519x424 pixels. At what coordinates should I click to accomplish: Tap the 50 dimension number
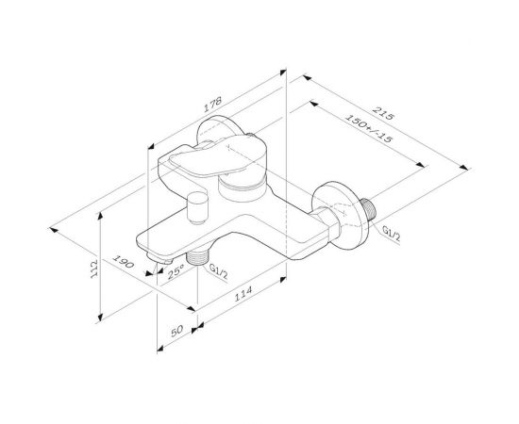[176, 333]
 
